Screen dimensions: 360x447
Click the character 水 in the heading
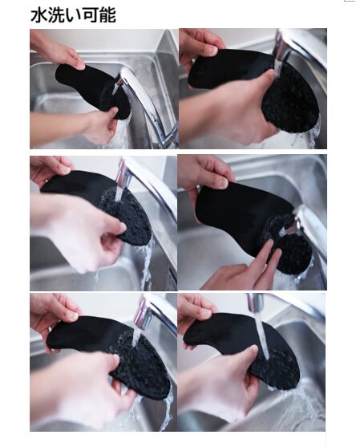click(x=38, y=15)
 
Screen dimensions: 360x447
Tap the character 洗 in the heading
click(x=56, y=15)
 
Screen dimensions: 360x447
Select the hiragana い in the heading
click(x=73, y=16)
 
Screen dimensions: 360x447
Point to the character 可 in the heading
click(x=90, y=15)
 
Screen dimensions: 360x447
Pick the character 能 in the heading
click(x=107, y=15)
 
